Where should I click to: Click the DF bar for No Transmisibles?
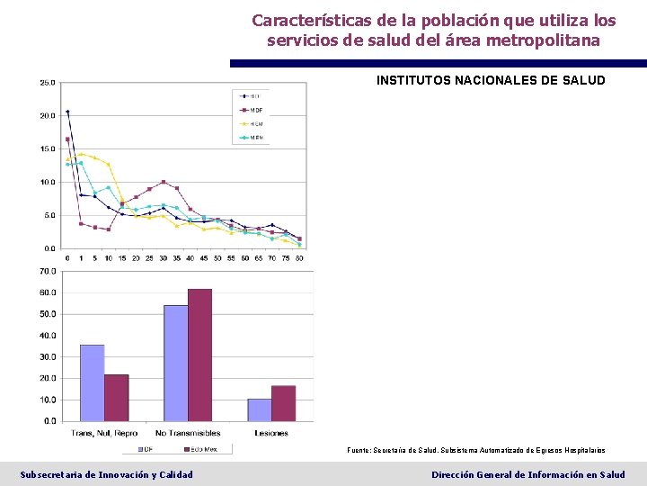[175, 363]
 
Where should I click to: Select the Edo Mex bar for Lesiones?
[283, 403]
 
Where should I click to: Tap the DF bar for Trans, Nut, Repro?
[92, 382]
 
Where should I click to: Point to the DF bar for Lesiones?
[259, 409]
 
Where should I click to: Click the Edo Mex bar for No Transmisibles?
[199, 355]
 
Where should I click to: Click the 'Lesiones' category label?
[270, 433]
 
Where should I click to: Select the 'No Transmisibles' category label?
[188, 433]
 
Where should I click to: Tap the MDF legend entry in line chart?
[251, 110]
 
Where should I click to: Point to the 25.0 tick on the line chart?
[47, 83]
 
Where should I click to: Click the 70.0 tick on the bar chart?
[47, 271]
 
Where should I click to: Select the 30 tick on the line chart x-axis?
[163, 257]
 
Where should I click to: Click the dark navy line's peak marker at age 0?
[67, 112]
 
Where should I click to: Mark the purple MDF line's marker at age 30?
[163, 182]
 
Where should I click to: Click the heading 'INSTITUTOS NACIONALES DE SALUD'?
[491, 81]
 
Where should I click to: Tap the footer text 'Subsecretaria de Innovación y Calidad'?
[106, 474]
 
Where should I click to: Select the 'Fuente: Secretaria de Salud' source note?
[475, 450]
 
